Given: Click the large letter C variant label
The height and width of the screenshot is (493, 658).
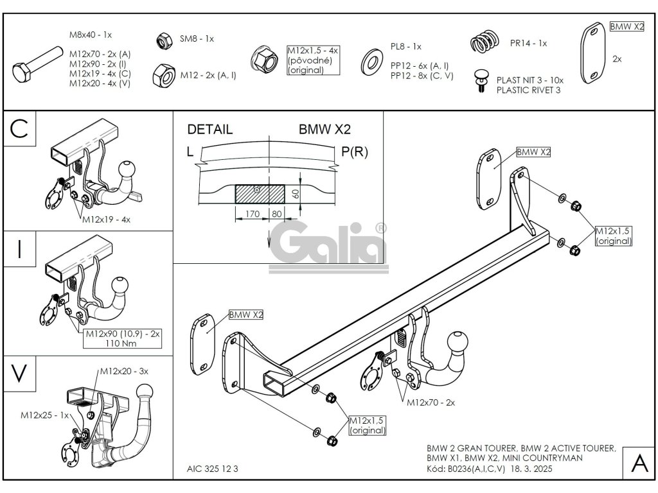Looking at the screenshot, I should [x=19, y=128].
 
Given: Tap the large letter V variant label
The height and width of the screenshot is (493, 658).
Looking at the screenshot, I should [x=19, y=372].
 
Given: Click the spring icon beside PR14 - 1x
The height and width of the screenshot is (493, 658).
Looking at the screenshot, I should [x=486, y=44].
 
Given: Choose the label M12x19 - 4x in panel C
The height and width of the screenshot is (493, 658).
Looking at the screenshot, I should [x=106, y=220].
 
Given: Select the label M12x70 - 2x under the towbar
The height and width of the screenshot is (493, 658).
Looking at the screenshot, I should [x=431, y=402].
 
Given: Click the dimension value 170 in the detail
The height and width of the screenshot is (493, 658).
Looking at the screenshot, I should [x=252, y=214].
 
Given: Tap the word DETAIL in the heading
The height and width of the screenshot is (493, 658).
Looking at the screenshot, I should [x=210, y=130].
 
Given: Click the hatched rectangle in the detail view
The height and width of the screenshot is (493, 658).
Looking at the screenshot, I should [x=260, y=193].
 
